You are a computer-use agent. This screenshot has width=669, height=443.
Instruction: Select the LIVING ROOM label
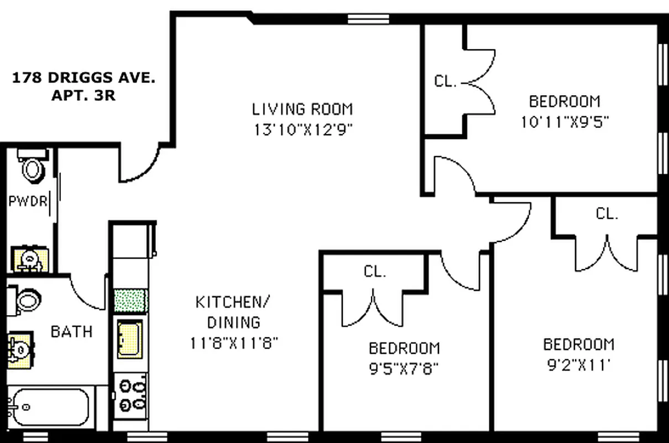coord(302,109)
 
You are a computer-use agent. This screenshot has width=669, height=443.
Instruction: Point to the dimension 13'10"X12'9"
coord(303,130)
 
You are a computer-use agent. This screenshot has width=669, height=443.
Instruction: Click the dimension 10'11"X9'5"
coord(565,121)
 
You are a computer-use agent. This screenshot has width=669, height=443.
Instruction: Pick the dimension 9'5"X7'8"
coord(404,368)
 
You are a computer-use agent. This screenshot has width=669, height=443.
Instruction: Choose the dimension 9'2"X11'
coord(579,365)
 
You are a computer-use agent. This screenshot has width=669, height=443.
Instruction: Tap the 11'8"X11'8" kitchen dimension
coord(233,343)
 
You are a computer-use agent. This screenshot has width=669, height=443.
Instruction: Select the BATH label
coord(71,332)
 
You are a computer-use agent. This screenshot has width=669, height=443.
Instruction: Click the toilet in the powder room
coord(33,166)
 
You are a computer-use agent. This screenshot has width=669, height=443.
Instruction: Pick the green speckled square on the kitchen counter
coord(130,301)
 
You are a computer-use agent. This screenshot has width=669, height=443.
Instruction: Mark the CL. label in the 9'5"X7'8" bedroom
coord(375,271)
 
